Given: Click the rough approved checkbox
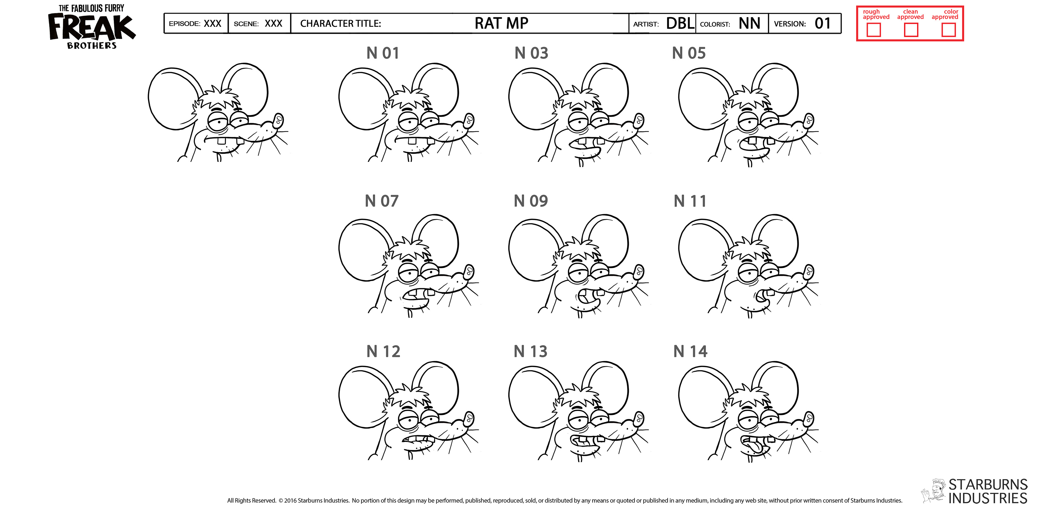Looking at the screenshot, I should pyautogui.click(x=874, y=30).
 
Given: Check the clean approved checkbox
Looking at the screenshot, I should pyautogui.click(x=911, y=30).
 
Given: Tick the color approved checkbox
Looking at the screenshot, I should pyautogui.click(x=948, y=30).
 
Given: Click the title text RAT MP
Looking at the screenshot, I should pyautogui.click(x=501, y=23).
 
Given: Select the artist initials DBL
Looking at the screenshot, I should pyautogui.click(x=680, y=23).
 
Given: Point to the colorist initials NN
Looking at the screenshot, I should pyautogui.click(x=749, y=23).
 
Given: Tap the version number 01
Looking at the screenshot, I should pyautogui.click(x=823, y=23).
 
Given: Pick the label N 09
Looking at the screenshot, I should pyautogui.click(x=531, y=201).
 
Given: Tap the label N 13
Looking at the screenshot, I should pyautogui.click(x=531, y=352).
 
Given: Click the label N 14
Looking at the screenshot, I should pyautogui.click(x=690, y=352).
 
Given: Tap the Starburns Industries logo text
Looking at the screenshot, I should pyautogui.click(x=987, y=491).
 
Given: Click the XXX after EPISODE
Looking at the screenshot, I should pyautogui.click(x=212, y=23).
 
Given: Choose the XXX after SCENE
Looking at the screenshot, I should pyautogui.click(x=273, y=23).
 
